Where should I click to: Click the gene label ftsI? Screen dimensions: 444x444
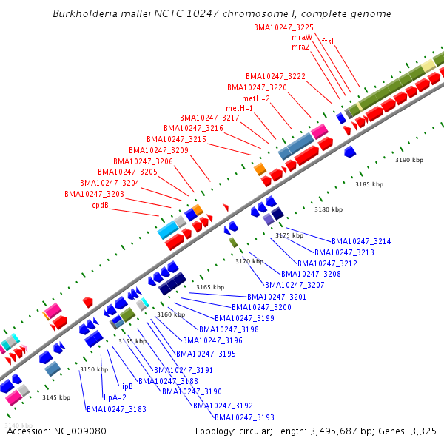click(327, 42)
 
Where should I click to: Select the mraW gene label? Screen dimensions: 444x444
click(302, 37)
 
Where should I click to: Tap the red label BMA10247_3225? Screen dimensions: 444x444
click(283, 27)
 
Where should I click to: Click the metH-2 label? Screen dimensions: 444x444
click(256, 98)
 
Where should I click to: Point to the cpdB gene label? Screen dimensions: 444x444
click(101, 205)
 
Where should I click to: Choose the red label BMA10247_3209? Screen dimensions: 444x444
click(158, 150)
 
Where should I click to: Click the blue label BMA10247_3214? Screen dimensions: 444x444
click(361, 241)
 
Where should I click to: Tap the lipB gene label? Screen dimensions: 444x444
click(127, 386)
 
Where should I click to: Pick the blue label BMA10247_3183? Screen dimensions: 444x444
click(116, 409)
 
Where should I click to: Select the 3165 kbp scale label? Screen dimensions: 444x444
click(209, 287)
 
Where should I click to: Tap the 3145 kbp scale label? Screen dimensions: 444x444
click(56, 398)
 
